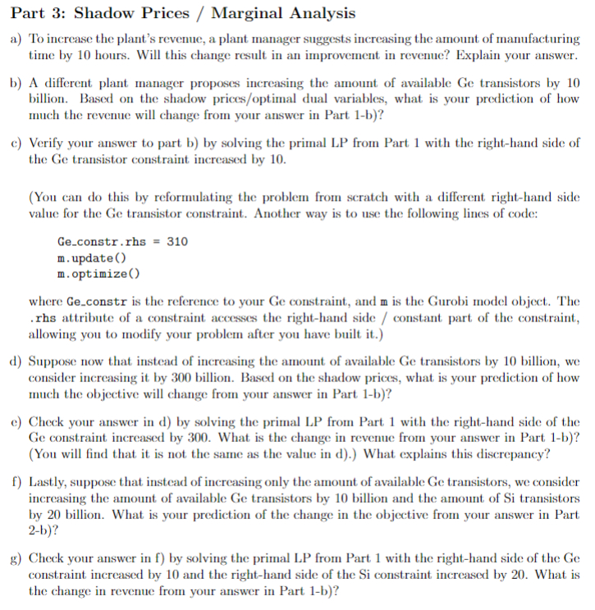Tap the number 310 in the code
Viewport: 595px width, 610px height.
click(x=177, y=243)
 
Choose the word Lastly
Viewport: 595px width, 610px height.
click(x=48, y=482)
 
